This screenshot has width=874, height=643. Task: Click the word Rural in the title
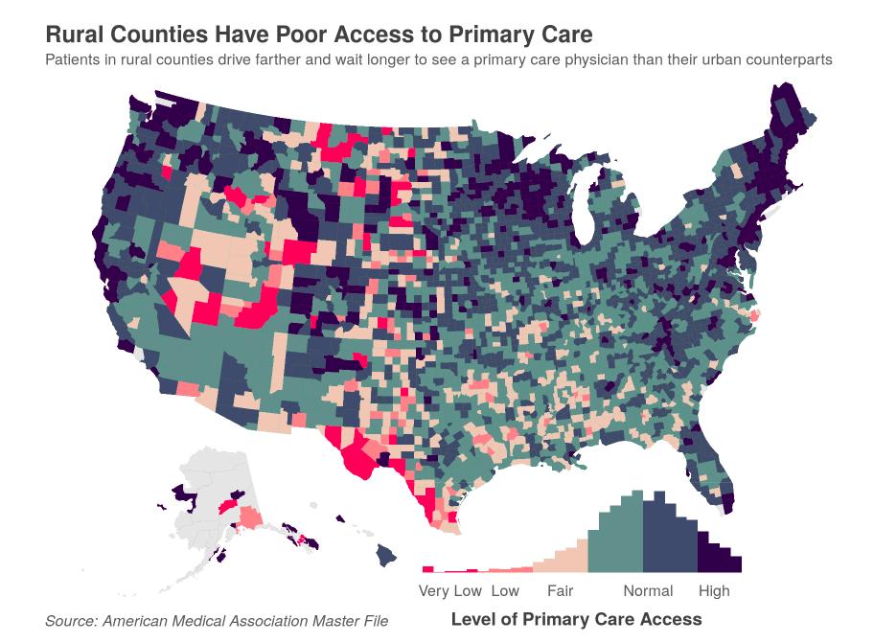75,34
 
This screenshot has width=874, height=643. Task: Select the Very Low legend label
449,590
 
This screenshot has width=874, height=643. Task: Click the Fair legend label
560,590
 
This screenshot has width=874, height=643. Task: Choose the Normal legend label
648,590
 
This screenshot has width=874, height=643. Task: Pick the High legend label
714,590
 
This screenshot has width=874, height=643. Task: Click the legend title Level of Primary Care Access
576,619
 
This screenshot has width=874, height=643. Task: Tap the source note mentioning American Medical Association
217,621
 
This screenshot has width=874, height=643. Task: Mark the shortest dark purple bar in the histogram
736,563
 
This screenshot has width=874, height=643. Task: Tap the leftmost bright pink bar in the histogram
427,569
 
